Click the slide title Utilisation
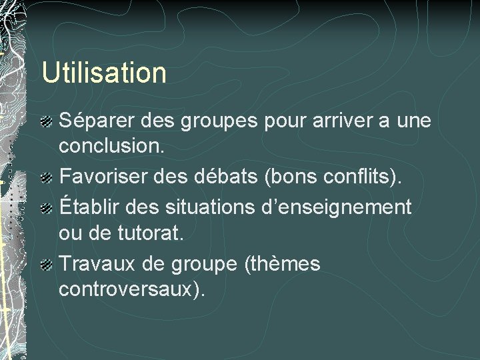[104, 73]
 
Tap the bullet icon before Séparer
[47, 121]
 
